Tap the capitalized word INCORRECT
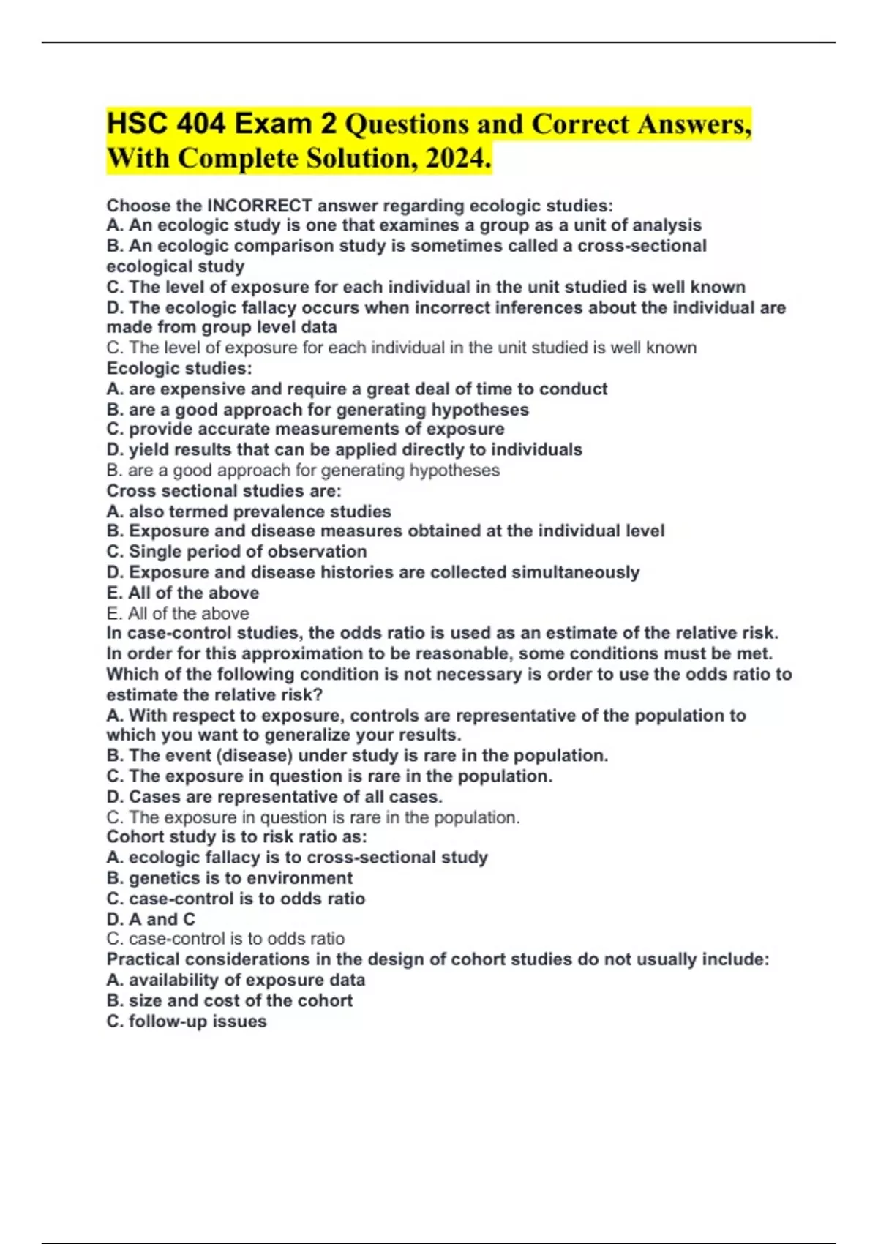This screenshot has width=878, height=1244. point(260,206)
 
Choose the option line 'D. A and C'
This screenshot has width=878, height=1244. point(151,919)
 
